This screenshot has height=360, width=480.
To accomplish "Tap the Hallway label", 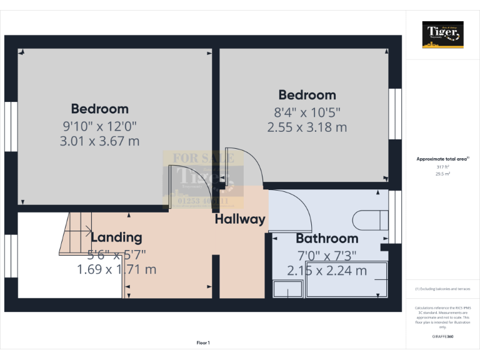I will tap(240, 219).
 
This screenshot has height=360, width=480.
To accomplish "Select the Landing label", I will tap(116, 237).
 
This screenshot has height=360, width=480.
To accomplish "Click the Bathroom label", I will tap(327, 238).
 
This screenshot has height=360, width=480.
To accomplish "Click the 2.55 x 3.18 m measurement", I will tap(307, 127).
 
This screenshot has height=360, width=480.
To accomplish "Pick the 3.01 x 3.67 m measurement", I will tap(99, 141).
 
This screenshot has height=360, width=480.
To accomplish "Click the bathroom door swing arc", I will tap(294, 209).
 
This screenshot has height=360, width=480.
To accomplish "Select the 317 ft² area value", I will tap(442, 167).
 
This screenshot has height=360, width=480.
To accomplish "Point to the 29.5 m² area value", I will tap(442, 174).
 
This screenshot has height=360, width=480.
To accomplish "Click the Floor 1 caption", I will tap(203, 342).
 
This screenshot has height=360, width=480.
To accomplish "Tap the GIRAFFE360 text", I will tap(442, 337).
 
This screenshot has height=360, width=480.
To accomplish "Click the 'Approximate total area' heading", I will tap(442, 159).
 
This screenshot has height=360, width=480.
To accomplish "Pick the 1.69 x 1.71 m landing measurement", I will tap(116, 270).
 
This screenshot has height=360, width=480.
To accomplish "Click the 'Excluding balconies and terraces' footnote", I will tap(442, 289).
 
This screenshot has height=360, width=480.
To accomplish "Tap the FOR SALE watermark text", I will tap(203, 158).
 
